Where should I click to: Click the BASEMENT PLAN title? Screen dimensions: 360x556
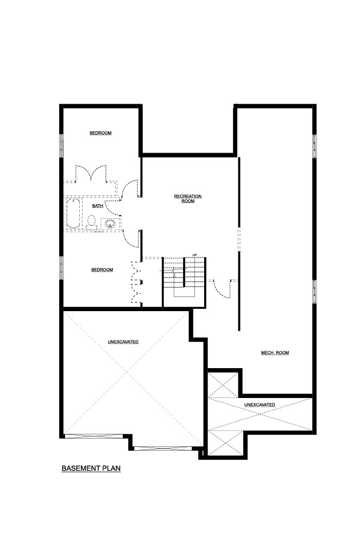point(91,468)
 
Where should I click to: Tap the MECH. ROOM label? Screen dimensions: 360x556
point(275,353)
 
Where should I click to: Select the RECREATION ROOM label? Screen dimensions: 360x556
point(188,199)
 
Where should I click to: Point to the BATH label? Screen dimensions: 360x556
point(98,206)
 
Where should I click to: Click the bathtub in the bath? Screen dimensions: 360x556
point(74,213)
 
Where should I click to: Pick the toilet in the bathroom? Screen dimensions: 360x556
point(92,223)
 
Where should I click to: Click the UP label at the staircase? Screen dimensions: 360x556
point(194,255)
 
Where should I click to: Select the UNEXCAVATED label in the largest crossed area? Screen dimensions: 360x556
point(123,342)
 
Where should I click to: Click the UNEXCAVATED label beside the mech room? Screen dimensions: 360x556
point(259,405)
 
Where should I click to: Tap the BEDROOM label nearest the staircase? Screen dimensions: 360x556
point(102,270)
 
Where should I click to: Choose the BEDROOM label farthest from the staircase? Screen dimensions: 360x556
point(100,133)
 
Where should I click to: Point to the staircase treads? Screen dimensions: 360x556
point(185,273)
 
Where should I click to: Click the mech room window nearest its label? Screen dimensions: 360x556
point(314,292)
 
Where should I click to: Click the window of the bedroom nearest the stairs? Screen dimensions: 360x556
point(61,268)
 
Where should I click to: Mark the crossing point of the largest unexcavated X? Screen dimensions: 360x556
point(127,373)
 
